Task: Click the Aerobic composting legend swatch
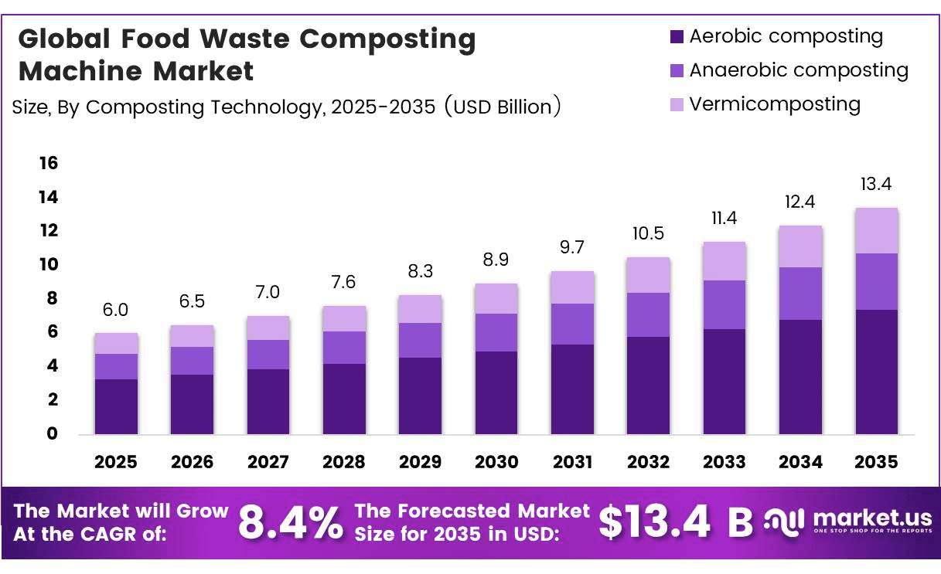pos(677,36)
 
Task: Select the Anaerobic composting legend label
pos(799,70)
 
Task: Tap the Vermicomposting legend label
pos(775,104)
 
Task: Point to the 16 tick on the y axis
pos(49,163)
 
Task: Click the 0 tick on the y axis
pos(52,433)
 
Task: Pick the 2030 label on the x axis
pos(496,462)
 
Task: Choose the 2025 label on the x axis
pos(115,462)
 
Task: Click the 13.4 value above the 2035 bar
pos(876,184)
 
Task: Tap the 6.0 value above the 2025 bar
pos(115,310)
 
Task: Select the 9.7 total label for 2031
pos(572,247)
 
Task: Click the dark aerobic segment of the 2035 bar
pos(877,372)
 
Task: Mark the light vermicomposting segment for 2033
pos(725,261)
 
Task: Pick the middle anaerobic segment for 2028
pos(345,348)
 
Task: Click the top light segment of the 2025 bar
pos(116,343)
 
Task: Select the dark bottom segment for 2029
pos(420,396)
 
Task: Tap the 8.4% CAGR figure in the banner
pos(291,522)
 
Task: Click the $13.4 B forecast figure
pos(676,522)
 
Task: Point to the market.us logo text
pos(873,518)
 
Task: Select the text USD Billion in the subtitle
pos(503,107)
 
